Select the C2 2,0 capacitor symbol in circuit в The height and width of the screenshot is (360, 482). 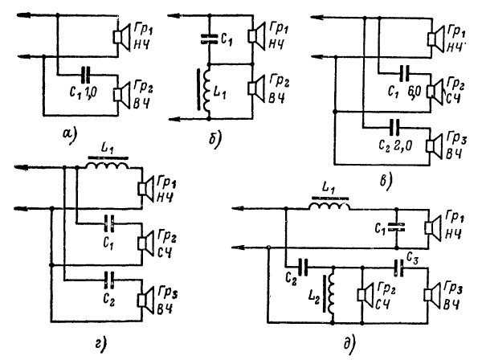click(x=391, y=126)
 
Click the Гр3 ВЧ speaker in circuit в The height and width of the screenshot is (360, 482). click(x=436, y=146)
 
